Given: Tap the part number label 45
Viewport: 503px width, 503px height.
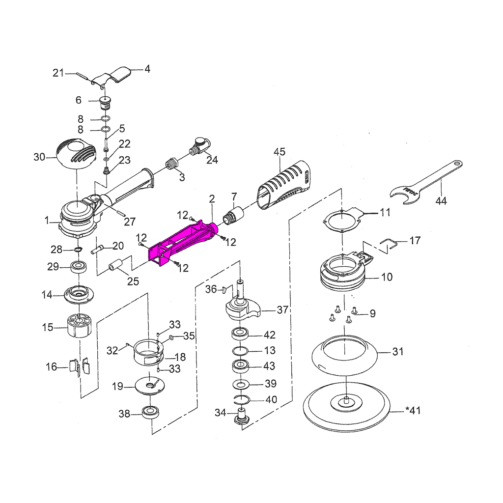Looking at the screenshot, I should coord(279,152).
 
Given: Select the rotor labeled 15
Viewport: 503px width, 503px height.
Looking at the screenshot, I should coord(79,326).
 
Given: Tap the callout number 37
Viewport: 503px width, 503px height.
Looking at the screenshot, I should coord(282,310).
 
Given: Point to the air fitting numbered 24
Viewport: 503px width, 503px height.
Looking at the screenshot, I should coord(201,146).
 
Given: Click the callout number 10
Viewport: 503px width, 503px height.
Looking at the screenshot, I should coord(387,277).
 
